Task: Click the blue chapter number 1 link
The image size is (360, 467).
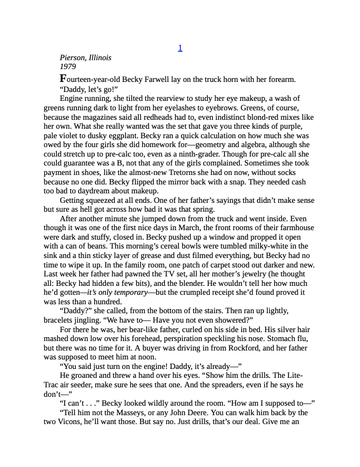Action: [180, 48]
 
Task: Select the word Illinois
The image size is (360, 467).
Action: [101, 57]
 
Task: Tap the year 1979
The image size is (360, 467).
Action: [67, 67]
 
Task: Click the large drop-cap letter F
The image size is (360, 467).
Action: [63, 79]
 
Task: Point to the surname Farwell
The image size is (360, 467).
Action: [159, 80]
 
